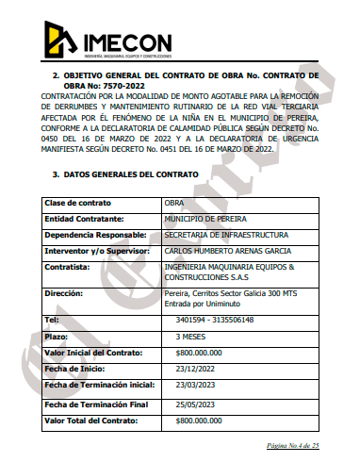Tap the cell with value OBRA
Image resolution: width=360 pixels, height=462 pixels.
[x=173, y=203]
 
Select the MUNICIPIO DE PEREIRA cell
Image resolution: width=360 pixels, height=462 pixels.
[x=205, y=219]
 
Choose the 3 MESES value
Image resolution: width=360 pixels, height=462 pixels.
[x=192, y=335]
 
